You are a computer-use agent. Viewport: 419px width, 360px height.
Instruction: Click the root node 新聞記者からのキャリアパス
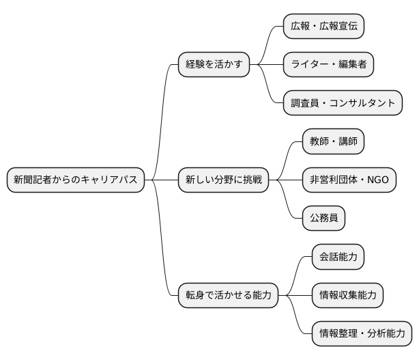[x=75, y=180]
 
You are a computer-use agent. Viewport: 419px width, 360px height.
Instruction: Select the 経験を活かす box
[x=214, y=65]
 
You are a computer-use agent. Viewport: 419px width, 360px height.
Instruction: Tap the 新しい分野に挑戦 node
[x=223, y=180]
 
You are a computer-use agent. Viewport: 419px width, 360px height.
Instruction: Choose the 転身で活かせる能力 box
[x=228, y=295]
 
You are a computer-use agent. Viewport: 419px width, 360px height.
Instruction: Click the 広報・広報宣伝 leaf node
[x=323, y=27]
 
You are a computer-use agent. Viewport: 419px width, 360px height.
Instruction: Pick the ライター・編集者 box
[x=328, y=65]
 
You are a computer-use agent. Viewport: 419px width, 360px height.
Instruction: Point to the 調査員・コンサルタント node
[x=343, y=103]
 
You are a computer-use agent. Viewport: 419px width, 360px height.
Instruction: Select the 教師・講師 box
[x=333, y=142]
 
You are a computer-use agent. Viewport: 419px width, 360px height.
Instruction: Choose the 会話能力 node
[x=338, y=257]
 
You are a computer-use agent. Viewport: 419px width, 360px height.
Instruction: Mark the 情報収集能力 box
[x=347, y=295]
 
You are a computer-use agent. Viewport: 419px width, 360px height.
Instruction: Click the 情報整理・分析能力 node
[x=362, y=334]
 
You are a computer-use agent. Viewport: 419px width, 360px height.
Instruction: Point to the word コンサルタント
[x=362, y=103]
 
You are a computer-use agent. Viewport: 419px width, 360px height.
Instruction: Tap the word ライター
[x=307, y=65]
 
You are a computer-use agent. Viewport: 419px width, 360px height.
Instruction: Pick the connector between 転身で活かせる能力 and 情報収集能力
[x=295, y=295]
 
